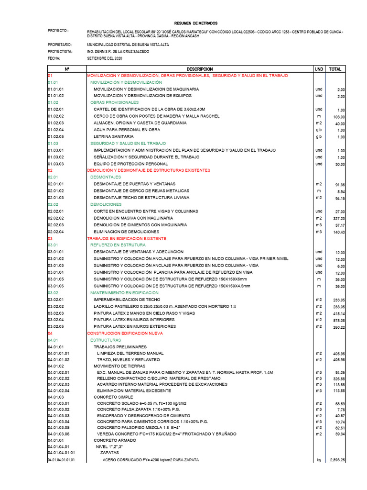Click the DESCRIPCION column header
coord(199,69)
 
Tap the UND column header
coord(319,69)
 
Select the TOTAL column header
coord(335,69)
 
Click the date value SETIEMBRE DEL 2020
coord(105,58)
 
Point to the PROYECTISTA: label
coord(60,51)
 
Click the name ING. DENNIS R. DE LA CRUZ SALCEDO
coord(118,51)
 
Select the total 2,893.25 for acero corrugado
coord(336,460)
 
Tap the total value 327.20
coord(339,218)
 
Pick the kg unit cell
coord(319,460)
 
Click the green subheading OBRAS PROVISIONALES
coord(114,102)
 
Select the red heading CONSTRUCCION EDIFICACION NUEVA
coord(125,333)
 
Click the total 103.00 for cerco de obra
coord(338,117)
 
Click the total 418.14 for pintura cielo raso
coord(339,313)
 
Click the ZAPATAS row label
coord(109,451)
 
